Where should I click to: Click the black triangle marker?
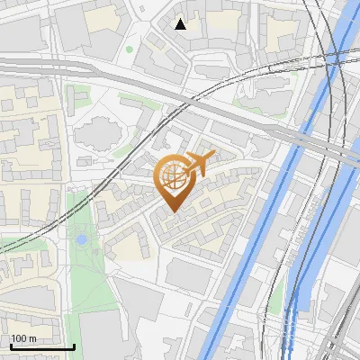[181, 24]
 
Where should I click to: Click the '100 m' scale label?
[23, 338]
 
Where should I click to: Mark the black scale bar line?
[42, 346]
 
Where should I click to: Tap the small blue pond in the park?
[82, 239]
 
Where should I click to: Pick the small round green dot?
[130, 49]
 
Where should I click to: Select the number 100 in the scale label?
[18, 338]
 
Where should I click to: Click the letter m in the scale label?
[31, 338]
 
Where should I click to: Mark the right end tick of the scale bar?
[74, 346]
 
